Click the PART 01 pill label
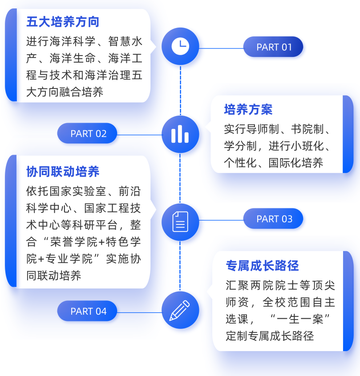click(273, 47)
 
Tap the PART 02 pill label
click(88, 133)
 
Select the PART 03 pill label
click(274, 219)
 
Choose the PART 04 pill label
click(88, 311)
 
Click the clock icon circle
click(180, 46)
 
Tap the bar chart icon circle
click(180, 134)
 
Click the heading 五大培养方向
click(63, 21)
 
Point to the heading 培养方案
click(248, 109)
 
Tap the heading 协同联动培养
click(63, 172)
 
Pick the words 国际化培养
click(296, 163)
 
